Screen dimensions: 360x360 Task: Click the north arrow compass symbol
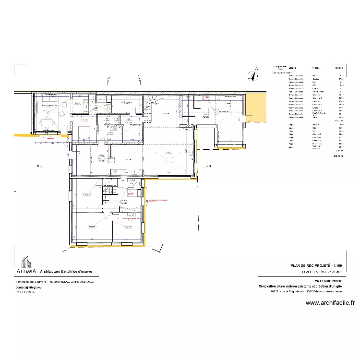[x=251, y=75]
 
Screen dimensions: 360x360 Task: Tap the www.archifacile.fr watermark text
[x=330, y=303]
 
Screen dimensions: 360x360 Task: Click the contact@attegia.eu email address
[x=32, y=287]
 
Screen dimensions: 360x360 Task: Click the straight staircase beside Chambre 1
[x=108, y=195]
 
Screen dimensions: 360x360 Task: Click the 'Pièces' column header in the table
[x=316, y=68]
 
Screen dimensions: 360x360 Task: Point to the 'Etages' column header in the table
[x=292, y=68]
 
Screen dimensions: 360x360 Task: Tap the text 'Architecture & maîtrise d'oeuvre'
[x=69, y=272]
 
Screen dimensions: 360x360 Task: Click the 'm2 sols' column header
[x=339, y=68]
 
